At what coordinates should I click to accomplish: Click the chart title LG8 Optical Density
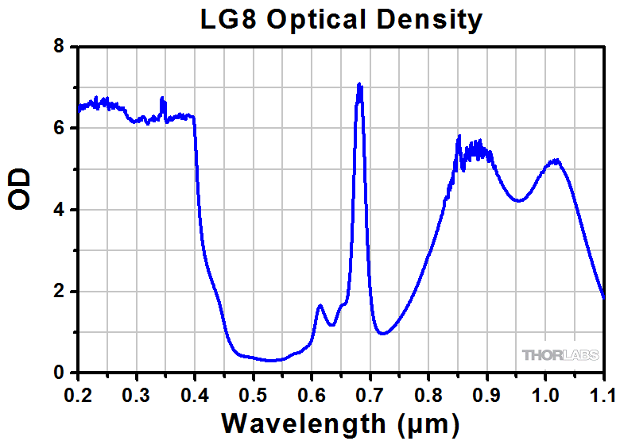pos(341,19)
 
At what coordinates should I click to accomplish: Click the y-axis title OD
pos(20,188)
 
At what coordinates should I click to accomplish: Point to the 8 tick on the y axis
pos(59,47)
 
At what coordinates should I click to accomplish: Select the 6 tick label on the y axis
pos(59,129)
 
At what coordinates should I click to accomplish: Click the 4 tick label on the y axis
pos(59,210)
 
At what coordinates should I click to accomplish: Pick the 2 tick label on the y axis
pos(59,292)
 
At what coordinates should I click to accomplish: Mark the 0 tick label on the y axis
pos(59,373)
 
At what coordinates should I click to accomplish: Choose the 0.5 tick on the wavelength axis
pos(253,392)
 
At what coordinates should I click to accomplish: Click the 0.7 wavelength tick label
pos(370,392)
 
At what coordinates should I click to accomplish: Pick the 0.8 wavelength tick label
pos(428,392)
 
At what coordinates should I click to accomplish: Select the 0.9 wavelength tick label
pos(486,392)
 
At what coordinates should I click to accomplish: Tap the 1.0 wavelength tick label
pos(544,392)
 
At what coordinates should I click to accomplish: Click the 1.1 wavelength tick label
pos(602,392)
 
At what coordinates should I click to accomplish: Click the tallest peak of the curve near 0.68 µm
pos(359,84)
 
